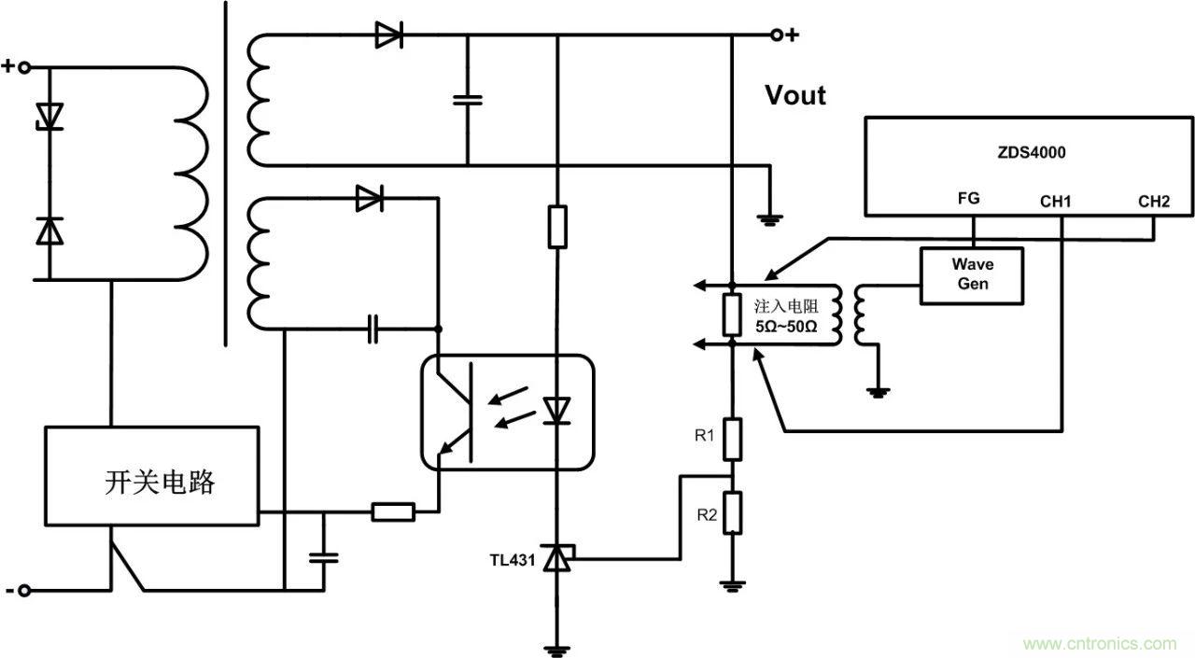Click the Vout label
795,95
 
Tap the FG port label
968,199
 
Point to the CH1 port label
1056,200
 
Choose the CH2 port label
1153,200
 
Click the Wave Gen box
972,274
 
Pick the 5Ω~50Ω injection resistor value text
785,328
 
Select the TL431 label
513,561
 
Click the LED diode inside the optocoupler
557,411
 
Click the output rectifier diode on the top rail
388,35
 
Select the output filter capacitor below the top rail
466,99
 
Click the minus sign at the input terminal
9,590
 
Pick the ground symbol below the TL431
557,650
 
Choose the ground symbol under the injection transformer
879,392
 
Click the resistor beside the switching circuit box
393,511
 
